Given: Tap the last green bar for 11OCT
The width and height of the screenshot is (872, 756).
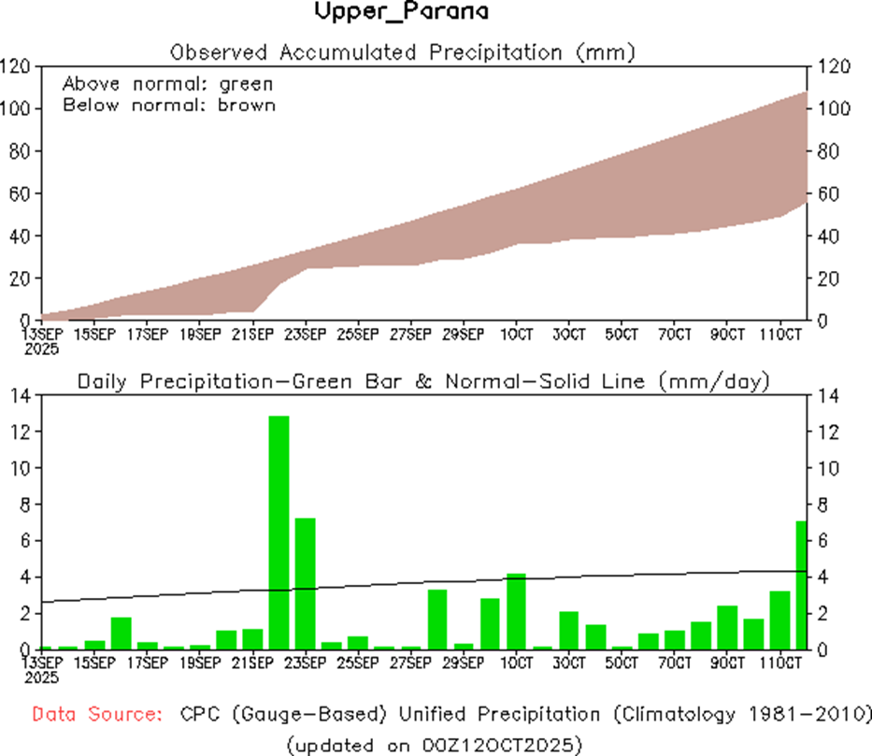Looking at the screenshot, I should (801, 585).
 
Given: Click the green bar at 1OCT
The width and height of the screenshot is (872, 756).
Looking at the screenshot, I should (517, 611).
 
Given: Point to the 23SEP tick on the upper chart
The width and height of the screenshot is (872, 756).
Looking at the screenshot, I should (306, 334).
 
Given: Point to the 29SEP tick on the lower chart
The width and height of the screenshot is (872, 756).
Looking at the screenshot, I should (464, 663).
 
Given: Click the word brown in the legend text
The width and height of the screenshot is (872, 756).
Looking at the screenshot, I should (247, 105).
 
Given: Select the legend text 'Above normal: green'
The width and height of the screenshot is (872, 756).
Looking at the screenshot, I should (168, 84).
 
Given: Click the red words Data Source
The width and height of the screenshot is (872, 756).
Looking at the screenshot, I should (94, 715).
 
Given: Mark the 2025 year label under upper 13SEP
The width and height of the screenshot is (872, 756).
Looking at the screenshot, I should (43, 349).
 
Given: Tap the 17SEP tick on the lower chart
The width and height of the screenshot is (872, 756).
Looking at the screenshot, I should (148, 663).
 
